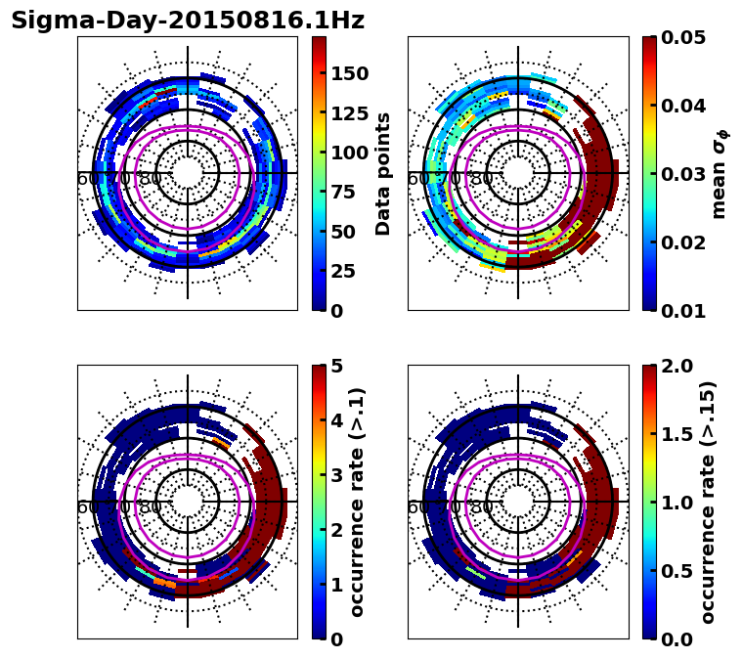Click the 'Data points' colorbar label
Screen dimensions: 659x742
pyautogui.click(x=383, y=174)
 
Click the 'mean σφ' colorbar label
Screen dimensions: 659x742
pyautogui.click(x=719, y=174)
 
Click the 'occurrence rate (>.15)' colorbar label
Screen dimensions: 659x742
pyautogui.click(x=708, y=503)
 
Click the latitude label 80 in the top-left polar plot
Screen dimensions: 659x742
pyautogui.click(x=151, y=179)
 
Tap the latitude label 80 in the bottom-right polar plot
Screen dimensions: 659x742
pyautogui.click(x=481, y=507)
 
